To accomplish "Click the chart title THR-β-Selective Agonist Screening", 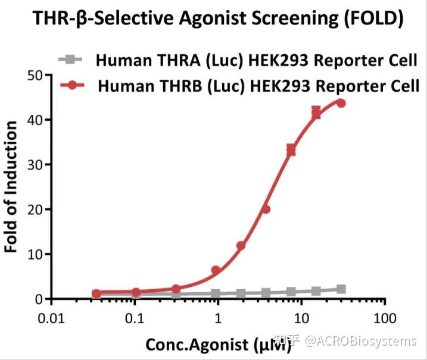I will (213, 18).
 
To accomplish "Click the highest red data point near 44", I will (341, 103).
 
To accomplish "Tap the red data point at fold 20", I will (266, 209).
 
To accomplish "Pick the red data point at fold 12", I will (241, 246).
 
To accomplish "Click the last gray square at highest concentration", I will (341, 289).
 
